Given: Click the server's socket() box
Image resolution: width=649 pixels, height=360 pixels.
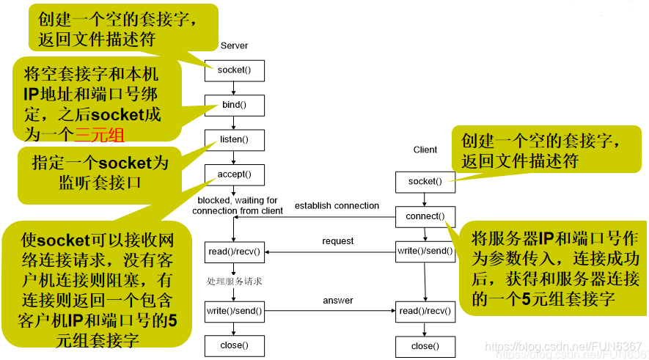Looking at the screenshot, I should coord(234,70).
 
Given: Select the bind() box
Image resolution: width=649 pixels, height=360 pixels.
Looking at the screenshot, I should coord(234,105).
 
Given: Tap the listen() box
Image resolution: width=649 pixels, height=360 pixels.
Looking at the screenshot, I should coord(234,139).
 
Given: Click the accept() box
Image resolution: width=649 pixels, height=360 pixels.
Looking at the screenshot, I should coord(234,175).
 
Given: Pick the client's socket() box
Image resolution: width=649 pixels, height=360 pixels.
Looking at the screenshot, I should coord(425,182).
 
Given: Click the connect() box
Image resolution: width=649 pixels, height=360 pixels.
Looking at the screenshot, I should coord(425,216).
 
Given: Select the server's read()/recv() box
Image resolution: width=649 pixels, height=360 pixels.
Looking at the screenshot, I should coord(234,251).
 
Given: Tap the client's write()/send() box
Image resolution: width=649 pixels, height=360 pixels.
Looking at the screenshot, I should coord(425,251).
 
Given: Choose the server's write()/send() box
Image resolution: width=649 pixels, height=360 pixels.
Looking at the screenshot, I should coord(234,311).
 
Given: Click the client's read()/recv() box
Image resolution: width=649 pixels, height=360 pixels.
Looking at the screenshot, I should coord(425,311).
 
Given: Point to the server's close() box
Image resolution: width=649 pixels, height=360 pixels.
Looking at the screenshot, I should coord(234,345).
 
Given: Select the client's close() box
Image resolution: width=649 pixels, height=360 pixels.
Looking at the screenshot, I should coord(425,346).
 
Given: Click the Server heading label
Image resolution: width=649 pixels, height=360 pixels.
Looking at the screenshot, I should coord(234,45).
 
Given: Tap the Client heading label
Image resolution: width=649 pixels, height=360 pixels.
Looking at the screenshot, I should coord(425,150).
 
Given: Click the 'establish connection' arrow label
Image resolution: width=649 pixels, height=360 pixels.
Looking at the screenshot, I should coord(337,205).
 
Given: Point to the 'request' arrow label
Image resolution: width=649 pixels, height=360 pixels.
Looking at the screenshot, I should coord(337,240).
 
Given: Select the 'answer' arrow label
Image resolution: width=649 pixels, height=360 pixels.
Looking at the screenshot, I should coord(337,300).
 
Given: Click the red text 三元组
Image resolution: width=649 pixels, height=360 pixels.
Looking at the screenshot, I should coord(100,134).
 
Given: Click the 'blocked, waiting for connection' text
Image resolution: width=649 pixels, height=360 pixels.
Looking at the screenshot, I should coord(238,205).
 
